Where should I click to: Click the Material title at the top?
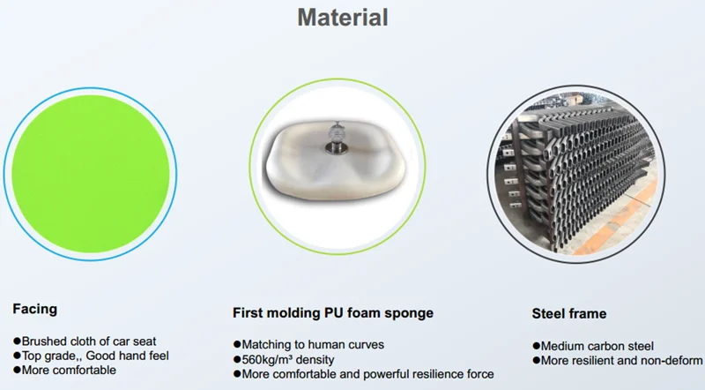[x=343, y=18]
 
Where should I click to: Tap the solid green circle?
[x=91, y=174]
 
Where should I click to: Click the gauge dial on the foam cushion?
[x=337, y=133]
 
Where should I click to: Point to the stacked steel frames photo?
[x=576, y=174]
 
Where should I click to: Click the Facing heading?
[x=35, y=309]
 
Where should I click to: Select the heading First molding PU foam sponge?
[x=333, y=313]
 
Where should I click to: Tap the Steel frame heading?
[x=569, y=313]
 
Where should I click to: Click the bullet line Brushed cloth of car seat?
[x=85, y=341]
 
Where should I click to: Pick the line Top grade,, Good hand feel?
[x=92, y=356]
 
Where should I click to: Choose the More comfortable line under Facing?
[x=64, y=371]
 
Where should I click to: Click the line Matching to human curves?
[x=309, y=344]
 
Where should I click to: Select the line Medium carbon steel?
[x=593, y=346]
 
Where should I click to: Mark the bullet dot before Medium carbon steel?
[x=536, y=346]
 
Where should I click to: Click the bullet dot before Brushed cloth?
[x=17, y=341]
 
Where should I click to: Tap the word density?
[x=317, y=359]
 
